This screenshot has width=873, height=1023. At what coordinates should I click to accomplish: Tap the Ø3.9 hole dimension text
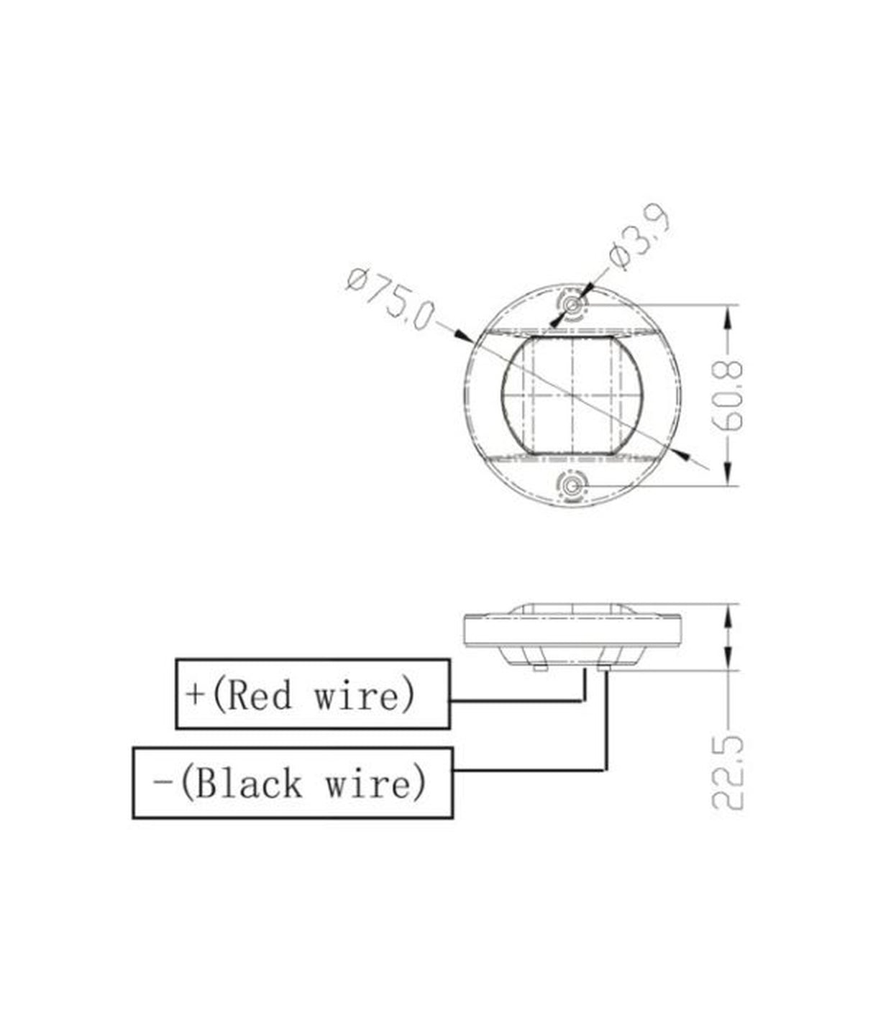click(x=639, y=239)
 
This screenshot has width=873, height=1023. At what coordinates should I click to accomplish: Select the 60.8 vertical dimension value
click(x=731, y=395)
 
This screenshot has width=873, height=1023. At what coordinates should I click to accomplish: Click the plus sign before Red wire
click(x=196, y=695)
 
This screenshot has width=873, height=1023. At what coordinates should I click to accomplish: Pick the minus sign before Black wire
click(x=163, y=783)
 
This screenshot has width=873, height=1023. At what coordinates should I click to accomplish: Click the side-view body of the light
click(x=572, y=631)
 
